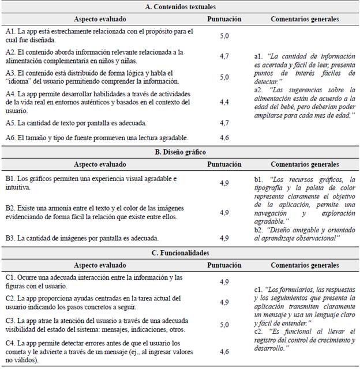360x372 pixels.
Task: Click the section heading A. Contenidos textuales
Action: (x=179, y=7)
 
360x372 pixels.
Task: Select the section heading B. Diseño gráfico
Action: (x=179, y=152)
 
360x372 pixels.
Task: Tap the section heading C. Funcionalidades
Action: (x=179, y=253)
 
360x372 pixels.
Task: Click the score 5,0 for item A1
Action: (x=224, y=35)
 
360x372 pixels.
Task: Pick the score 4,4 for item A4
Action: (x=224, y=102)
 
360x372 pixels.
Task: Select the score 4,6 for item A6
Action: (x=224, y=138)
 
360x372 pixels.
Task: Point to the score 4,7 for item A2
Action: (x=224, y=56)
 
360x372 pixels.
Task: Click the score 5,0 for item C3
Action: (x=224, y=324)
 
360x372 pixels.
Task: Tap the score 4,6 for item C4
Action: (x=224, y=351)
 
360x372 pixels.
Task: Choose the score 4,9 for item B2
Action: (x=224, y=212)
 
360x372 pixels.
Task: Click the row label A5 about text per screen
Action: (x=10, y=123)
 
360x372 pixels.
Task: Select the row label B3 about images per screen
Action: (x=10, y=238)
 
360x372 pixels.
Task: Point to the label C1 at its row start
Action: (x=10, y=277)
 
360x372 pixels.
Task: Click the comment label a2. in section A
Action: (x=258, y=90)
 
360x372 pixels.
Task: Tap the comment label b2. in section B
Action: (x=259, y=229)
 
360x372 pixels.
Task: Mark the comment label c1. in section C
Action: (x=258, y=289)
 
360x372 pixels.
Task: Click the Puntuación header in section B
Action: (x=224, y=164)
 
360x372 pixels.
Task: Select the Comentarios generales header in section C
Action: (x=305, y=265)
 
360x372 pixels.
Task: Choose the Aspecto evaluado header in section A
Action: (x=99, y=19)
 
